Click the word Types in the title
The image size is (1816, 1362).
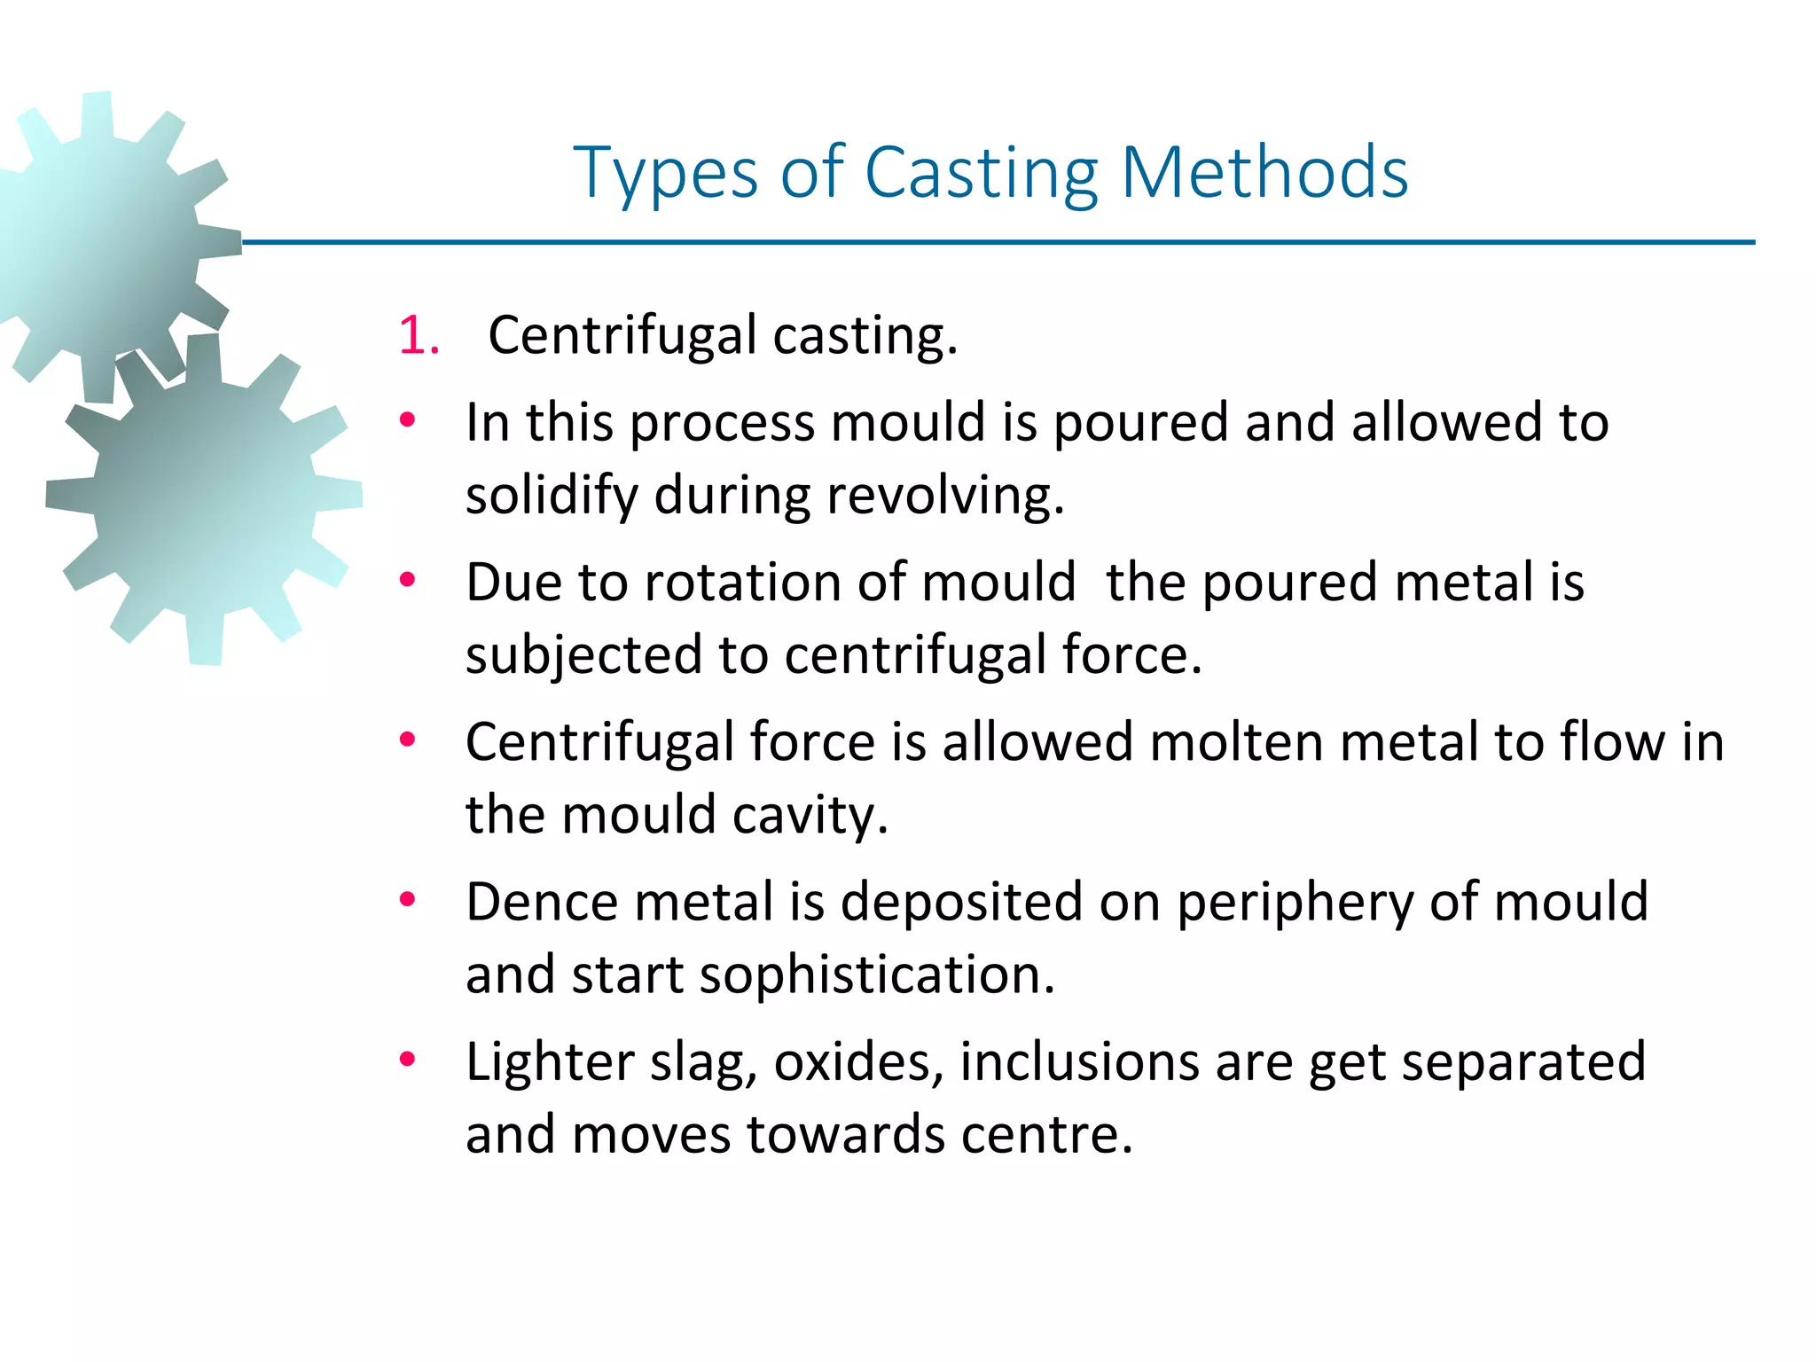pos(666,173)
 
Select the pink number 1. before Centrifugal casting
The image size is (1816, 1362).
pos(419,336)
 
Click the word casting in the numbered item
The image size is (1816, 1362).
pos(865,336)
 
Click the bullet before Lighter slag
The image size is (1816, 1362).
pos(407,1060)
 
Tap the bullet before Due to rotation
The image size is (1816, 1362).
pos(407,581)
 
